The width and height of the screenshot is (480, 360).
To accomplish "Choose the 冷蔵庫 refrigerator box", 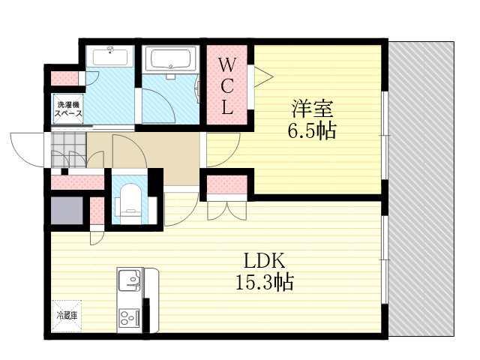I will (x=65, y=316).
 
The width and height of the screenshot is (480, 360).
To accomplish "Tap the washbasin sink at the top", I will (x=109, y=56).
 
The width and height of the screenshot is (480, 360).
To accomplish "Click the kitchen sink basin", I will (x=129, y=283).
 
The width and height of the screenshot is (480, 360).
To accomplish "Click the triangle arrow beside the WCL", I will (x=264, y=74).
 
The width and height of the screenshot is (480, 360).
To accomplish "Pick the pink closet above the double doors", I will (x=226, y=184).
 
